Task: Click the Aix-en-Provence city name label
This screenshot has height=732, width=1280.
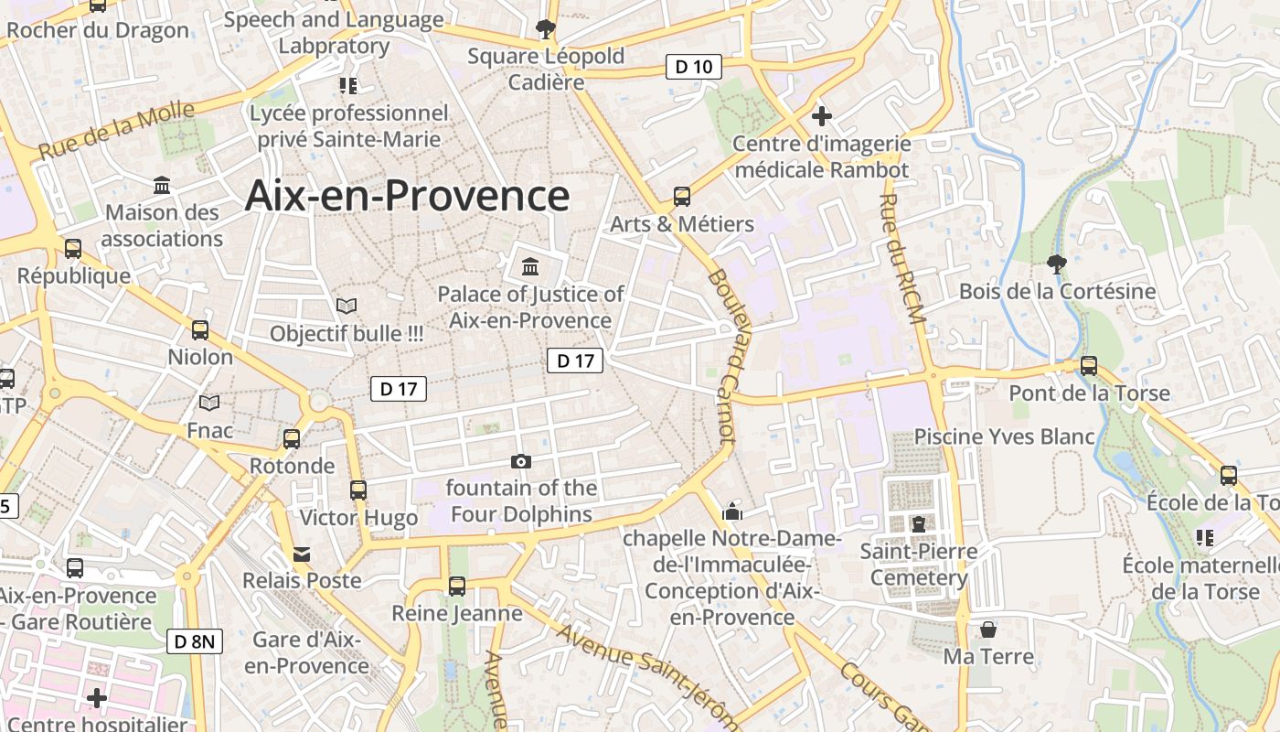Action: (407, 196)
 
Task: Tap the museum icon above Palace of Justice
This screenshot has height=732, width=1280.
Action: (529, 266)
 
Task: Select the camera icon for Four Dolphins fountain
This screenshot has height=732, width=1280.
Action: (521, 461)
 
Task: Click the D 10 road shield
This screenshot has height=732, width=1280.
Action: (693, 67)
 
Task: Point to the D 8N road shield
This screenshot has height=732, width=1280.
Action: (195, 641)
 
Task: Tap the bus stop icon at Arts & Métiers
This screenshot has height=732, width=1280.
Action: (682, 196)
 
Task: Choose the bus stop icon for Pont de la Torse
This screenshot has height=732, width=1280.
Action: (1088, 365)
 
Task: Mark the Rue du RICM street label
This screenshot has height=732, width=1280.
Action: (903, 258)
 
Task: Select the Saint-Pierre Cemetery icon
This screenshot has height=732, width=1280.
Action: (919, 523)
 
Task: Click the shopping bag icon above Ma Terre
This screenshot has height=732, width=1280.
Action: (988, 630)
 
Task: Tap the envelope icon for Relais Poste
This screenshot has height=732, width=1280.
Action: (302, 554)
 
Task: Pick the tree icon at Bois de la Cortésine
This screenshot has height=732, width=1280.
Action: (1057, 264)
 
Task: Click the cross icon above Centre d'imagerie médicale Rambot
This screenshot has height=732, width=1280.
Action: (822, 116)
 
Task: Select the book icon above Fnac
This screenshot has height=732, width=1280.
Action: (209, 403)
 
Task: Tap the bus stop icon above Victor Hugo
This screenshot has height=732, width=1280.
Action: (358, 490)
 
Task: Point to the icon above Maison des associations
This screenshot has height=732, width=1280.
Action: (162, 186)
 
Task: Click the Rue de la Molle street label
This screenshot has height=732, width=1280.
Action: (117, 132)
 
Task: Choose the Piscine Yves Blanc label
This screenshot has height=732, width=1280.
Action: (1004, 436)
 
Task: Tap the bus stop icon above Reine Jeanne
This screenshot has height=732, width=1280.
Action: (456, 586)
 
